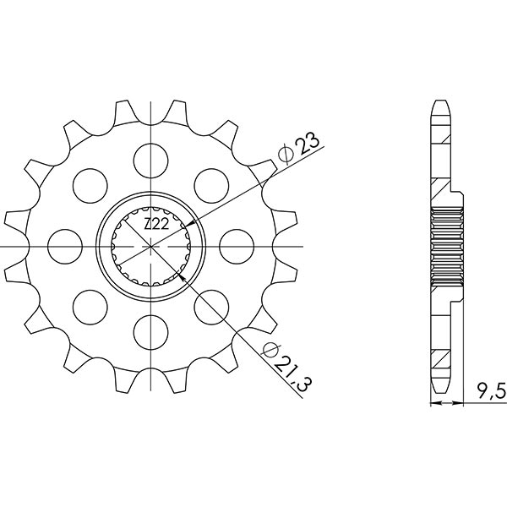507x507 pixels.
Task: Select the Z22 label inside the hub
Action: coord(155,225)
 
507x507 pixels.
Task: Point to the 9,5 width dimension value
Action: coord(488,390)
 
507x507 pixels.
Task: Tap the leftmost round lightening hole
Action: coord(63,246)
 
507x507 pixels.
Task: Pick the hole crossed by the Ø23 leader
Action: coord(211,183)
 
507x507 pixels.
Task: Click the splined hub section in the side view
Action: coord(447,246)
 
